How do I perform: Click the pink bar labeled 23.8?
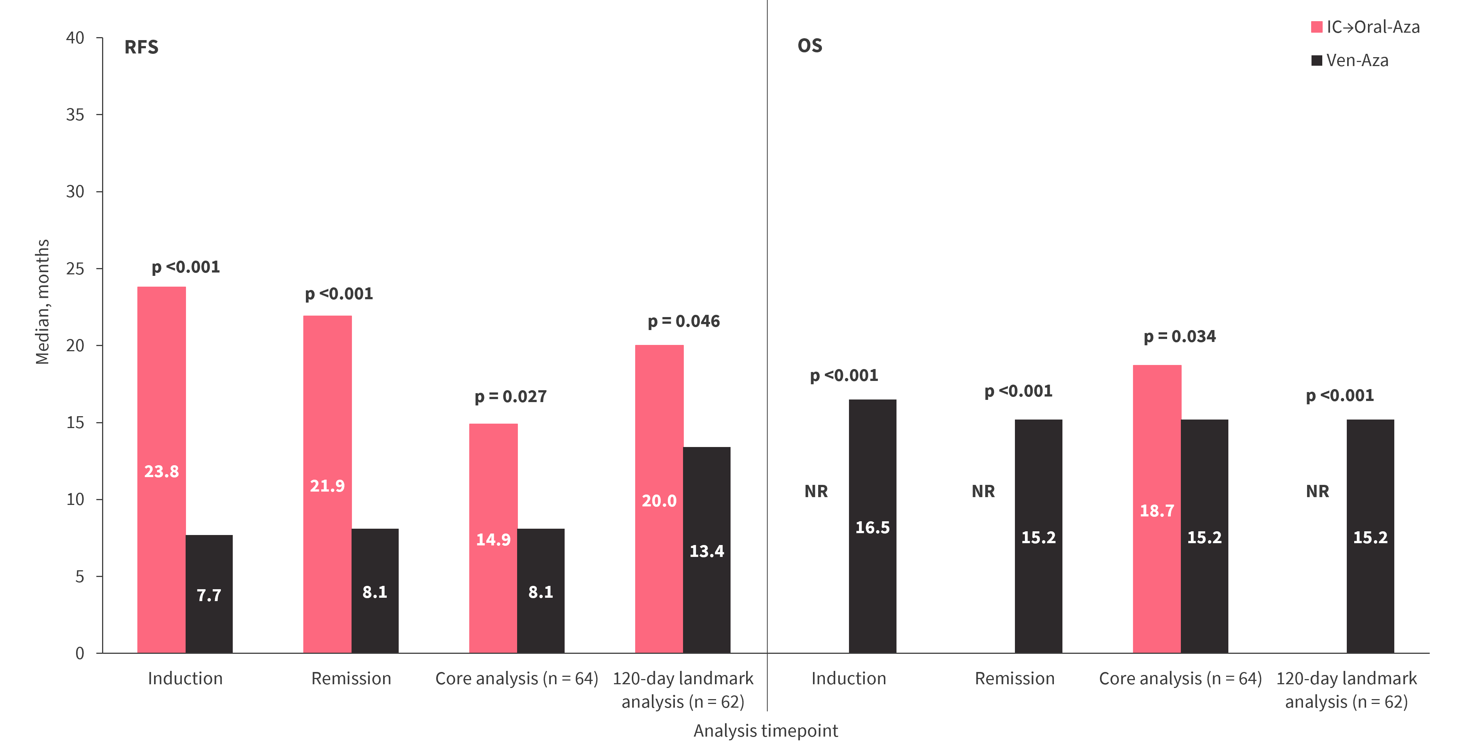(161, 470)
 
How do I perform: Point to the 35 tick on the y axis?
(75, 115)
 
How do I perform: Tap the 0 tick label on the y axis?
(80, 653)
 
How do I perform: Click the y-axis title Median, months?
(43, 301)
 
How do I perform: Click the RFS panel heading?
(141, 47)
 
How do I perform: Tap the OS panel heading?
(809, 46)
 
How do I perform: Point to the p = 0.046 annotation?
(683, 322)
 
